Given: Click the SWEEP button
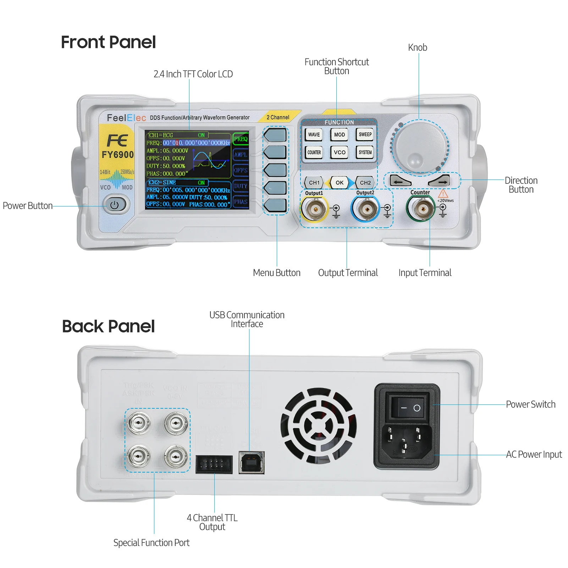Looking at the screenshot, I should click(x=365, y=134).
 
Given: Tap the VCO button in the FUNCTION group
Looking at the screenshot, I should click(x=340, y=152).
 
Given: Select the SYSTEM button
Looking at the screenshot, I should click(x=365, y=152).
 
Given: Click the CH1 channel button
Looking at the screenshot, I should click(x=314, y=183).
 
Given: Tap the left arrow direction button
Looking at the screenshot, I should click(x=400, y=181).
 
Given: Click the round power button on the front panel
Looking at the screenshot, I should click(x=114, y=205).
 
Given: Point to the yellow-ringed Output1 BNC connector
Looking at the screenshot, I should click(x=314, y=209).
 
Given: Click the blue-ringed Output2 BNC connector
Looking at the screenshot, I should click(x=365, y=209).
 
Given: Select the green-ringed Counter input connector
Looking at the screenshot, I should click(x=421, y=209).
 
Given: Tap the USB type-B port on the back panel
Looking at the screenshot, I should click(x=251, y=462).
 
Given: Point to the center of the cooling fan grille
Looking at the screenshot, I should click(x=318, y=425).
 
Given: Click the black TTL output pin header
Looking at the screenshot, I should click(x=214, y=464).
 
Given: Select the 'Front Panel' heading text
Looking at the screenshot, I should click(x=108, y=42).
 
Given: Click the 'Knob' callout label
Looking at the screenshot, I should click(x=417, y=48).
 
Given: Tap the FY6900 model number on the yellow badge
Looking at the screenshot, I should click(x=117, y=155).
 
